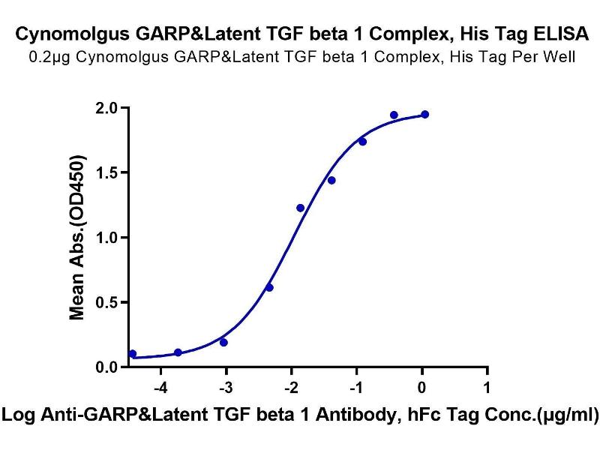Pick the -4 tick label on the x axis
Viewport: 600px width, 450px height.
tap(159, 388)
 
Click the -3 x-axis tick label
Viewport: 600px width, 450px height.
tap(225, 388)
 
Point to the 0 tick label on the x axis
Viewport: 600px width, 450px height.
tap(422, 388)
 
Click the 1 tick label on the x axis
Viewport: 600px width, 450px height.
tap(487, 388)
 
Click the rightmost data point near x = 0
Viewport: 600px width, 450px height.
tap(424, 114)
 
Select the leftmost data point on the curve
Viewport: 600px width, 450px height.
tap(133, 354)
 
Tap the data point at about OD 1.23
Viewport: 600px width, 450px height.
tap(300, 208)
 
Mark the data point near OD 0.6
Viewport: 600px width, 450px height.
tap(269, 287)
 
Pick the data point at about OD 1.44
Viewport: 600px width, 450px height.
tap(331, 180)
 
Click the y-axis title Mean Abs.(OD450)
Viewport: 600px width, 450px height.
tap(77, 238)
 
